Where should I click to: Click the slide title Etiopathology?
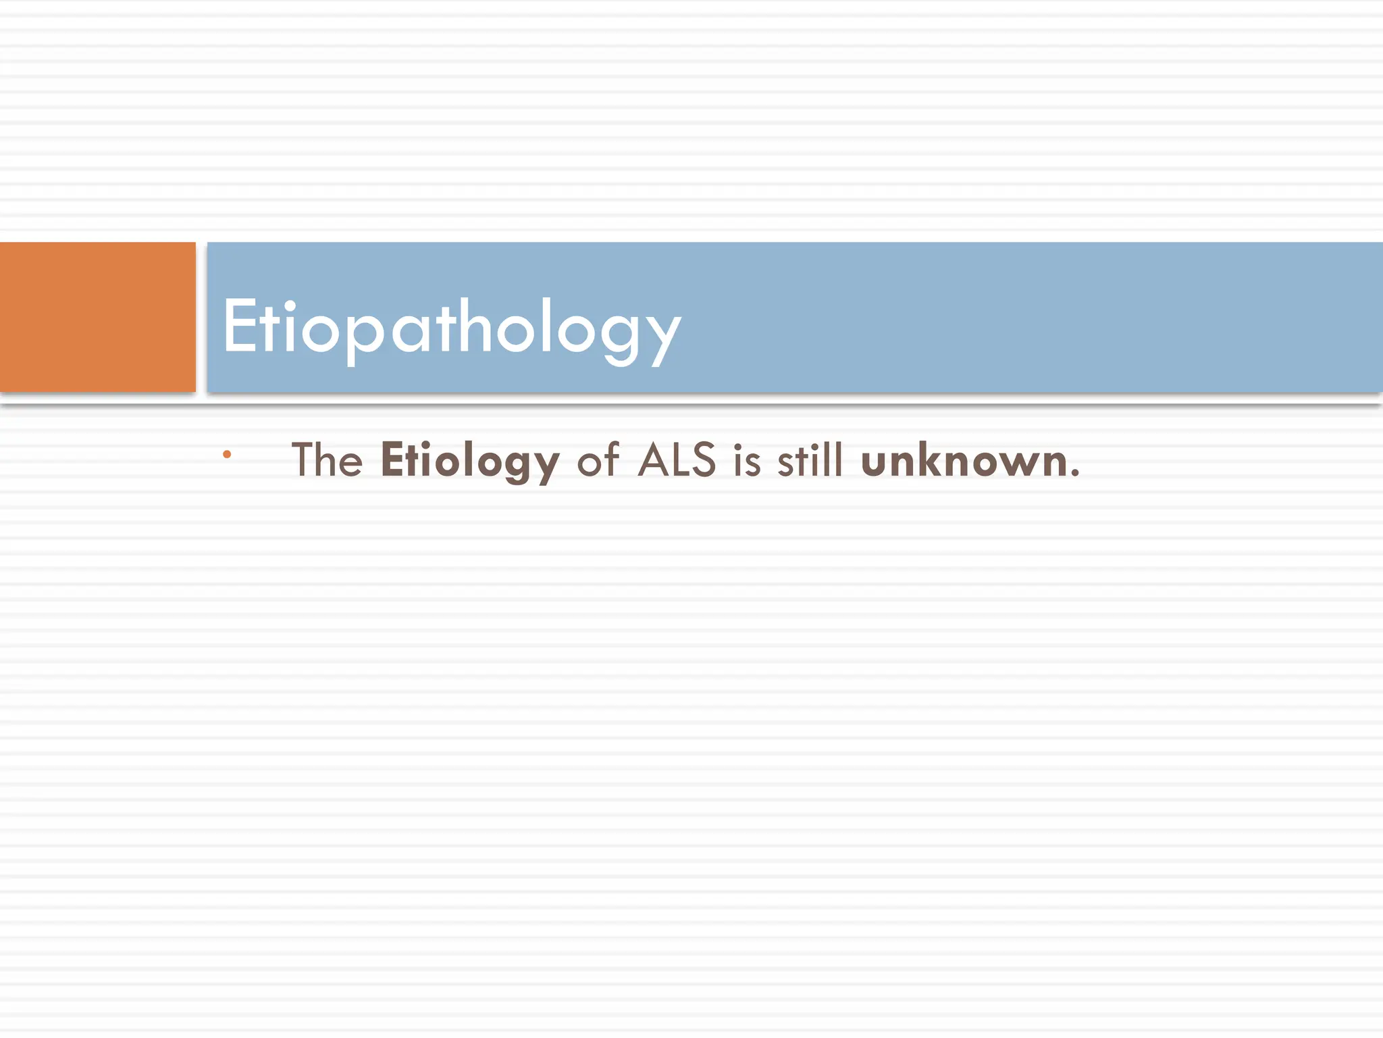451,327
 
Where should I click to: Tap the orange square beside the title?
97,317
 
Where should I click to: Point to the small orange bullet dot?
227,455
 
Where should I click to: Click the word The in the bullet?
328,460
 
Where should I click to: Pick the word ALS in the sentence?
676,460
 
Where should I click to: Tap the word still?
810,460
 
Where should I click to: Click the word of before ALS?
598,460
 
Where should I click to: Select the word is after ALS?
748,461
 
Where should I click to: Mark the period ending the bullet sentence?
1075,474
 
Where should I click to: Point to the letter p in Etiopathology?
364,334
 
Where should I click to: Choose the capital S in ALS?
703,460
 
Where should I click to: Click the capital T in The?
305,460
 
